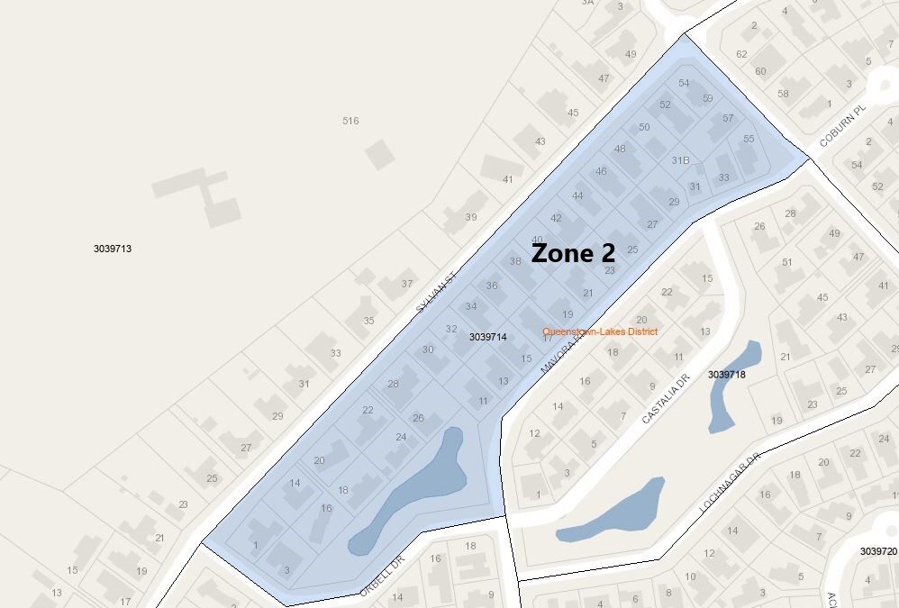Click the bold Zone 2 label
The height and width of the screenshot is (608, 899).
(x=573, y=253)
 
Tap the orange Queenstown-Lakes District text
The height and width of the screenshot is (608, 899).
(x=599, y=331)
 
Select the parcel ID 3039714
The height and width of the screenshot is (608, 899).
(x=488, y=337)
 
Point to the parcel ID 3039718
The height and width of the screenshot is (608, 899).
(x=727, y=374)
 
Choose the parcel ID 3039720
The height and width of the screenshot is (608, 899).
(x=878, y=550)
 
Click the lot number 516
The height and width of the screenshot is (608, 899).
(x=350, y=121)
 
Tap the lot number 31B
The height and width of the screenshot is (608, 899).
(x=680, y=160)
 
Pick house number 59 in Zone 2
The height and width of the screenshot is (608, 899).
(x=708, y=98)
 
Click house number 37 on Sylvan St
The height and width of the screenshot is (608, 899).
(x=406, y=283)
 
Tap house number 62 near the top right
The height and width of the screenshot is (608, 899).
(x=741, y=54)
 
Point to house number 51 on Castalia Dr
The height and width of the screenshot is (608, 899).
(x=787, y=262)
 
